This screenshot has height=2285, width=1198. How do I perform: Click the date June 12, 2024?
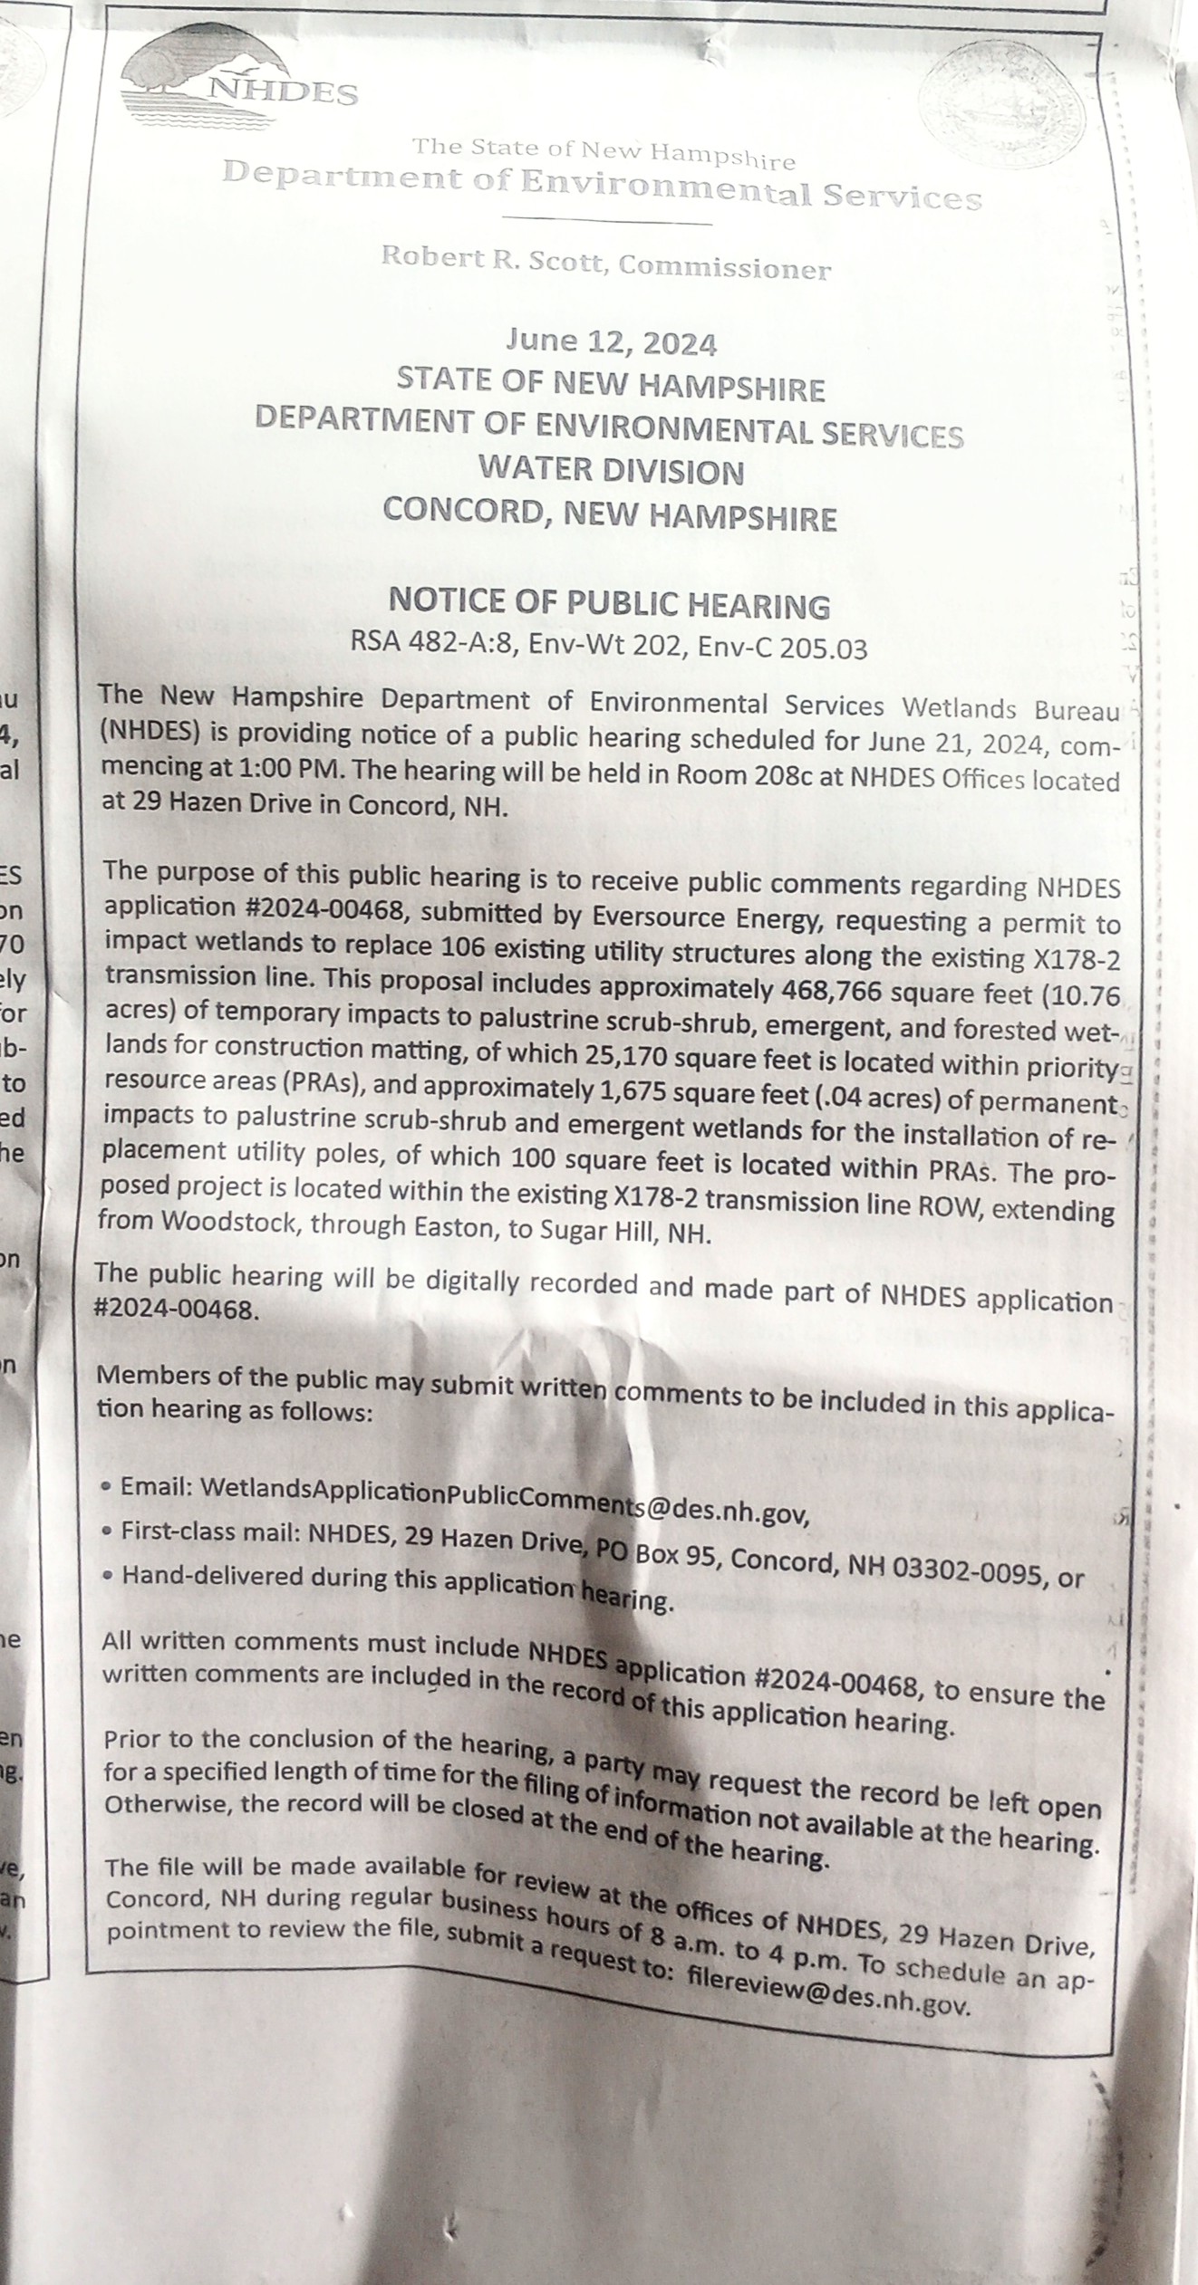pyautogui.click(x=611, y=343)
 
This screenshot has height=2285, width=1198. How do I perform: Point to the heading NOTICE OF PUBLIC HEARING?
pyautogui.click(x=609, y=603)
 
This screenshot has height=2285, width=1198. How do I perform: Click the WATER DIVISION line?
pyautogui.click(x=611, y=472)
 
